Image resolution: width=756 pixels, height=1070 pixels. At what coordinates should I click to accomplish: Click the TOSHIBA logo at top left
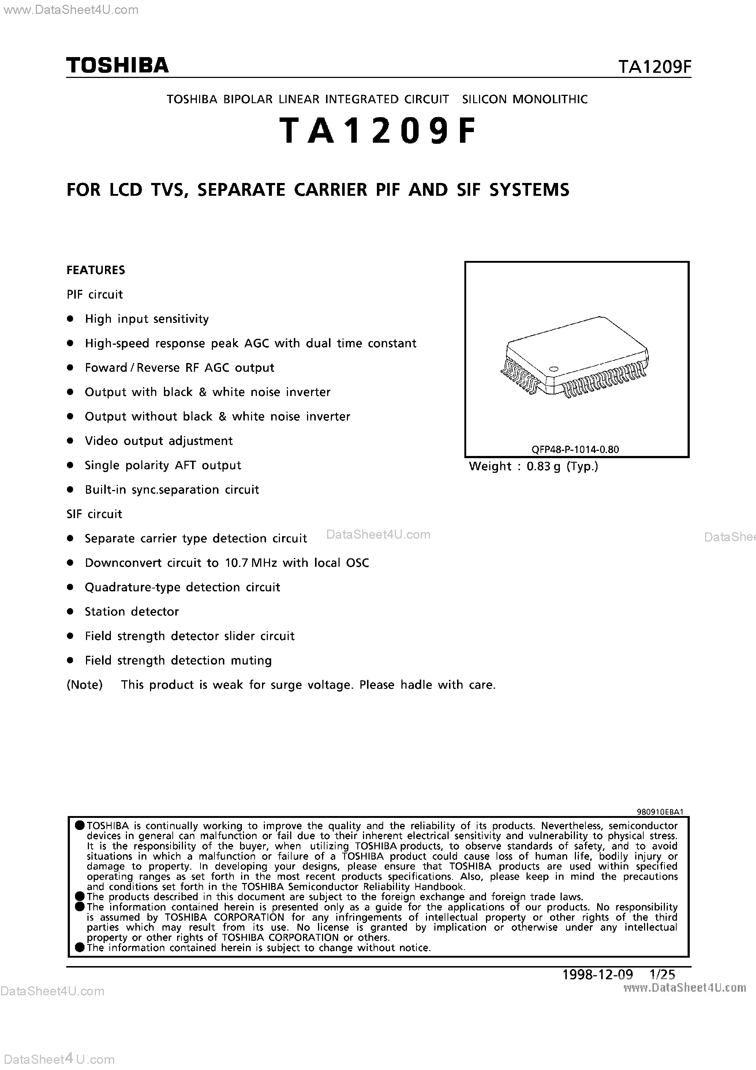pyautogui.click(x=117, y=65)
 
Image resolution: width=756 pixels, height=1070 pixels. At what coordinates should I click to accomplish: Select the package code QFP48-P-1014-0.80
pyautogui.click(x=575, y=449)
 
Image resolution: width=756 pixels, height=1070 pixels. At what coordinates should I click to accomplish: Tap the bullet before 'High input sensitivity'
pyautogui.click(x=70, y=319)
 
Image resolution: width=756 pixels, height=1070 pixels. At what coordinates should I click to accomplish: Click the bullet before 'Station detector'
pyautogui.click(x=70, y=612)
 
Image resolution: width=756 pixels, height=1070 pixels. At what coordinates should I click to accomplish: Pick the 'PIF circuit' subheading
pyautogui.click(x=95, y=295)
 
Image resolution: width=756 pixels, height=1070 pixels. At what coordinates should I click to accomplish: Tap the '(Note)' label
pyautogui.click(x=85, y=685)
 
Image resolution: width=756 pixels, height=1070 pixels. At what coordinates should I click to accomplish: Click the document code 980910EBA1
pyautogui.click(x=659, y=811)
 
